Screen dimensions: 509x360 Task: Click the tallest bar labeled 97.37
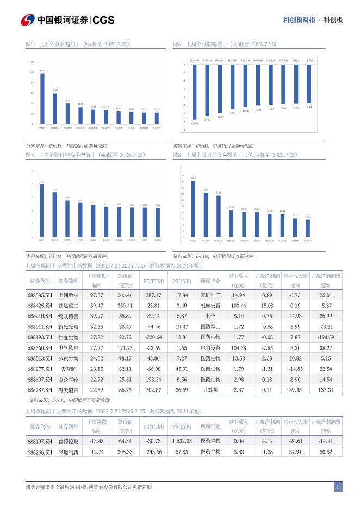pos(42,99)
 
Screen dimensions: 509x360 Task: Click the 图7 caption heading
pos(85,155)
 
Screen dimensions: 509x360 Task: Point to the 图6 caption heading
pos(225,44)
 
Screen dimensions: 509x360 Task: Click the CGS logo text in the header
pos(103,20)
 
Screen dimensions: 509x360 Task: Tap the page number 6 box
pos(338,487)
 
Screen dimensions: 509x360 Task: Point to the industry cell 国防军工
pos(210,326)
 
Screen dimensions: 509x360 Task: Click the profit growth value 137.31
pos(326,390)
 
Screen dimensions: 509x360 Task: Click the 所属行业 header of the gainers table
pos(210,281)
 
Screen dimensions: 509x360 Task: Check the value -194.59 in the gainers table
pos(326,337)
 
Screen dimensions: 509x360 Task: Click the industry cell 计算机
pos(210,390)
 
